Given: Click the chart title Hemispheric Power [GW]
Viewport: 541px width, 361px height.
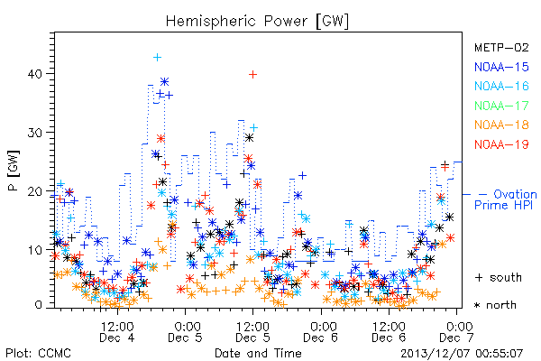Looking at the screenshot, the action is click(x=257, y=22).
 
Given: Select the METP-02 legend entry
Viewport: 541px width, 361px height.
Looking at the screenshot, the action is click(x=501, y=48).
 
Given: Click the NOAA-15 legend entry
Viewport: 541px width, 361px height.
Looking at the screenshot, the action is click(x=501, y=67).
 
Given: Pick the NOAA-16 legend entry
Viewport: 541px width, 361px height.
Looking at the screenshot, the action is click(x=501, y=86).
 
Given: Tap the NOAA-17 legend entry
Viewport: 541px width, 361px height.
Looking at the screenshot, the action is click(x=501, y=106).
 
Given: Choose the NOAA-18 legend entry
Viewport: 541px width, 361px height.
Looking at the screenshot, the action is click(x=501, y=125).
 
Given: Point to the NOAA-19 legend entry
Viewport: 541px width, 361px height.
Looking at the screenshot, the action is click(x=501, y=144).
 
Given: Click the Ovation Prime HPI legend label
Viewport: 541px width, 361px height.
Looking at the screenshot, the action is click(x=506, y=199).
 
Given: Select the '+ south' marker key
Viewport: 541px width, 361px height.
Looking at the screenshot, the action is click(x=499, y=277).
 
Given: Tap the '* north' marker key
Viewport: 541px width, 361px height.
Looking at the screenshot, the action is click(x=495, y=305).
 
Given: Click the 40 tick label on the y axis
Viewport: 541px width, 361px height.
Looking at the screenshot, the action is click(x=35, y=74).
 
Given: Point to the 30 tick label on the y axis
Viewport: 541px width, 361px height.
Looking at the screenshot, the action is click(x=35, y=133).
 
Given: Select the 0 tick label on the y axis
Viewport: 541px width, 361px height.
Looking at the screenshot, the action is click(x=39, y=305).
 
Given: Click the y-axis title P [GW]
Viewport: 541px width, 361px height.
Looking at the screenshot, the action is click(x=14, y=171).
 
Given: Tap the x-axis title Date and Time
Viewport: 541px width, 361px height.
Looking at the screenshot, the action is click(x=258, y=353).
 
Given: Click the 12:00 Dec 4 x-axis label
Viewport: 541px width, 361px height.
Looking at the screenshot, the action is click(x=117, y=332).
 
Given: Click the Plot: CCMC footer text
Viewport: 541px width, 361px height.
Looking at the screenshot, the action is click(x=38, y=353).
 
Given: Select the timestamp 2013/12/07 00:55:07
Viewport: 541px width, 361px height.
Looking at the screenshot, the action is click(x=462, y=354).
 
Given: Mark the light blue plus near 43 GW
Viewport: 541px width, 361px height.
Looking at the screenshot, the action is click(x=157, y=58).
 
